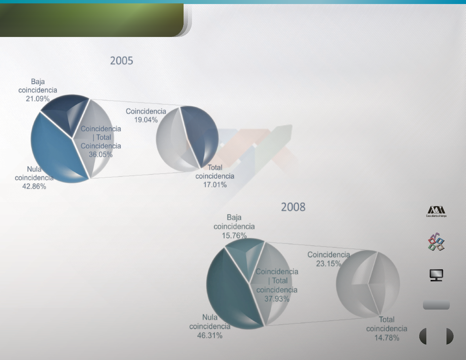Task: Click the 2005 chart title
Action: click(122, 61)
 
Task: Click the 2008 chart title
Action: click(293, 207)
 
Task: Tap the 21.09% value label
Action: click(38, 98)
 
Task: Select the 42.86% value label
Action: click(34, 186)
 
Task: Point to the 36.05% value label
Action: click(101, 154)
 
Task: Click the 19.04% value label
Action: click(146, 120)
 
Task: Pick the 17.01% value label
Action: click(215, 185)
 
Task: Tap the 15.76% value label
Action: click(234, 236)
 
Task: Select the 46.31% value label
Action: click(210, 335)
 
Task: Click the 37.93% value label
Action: click(277, 299)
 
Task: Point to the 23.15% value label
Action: click(328, 264)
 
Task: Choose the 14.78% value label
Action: click(387, 338)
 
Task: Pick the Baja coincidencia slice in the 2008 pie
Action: click(247, 255)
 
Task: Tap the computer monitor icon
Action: click(436, 275)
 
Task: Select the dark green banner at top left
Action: click(92, 20)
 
